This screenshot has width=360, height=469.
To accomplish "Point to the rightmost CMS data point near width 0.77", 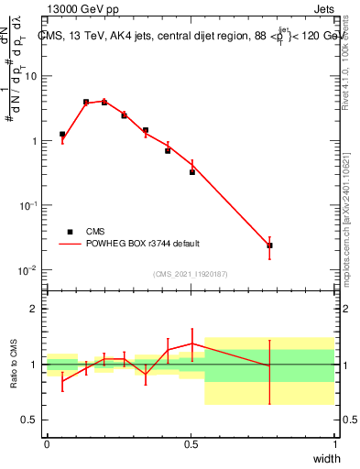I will point(269,245).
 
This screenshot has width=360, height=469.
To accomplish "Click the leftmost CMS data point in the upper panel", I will point(62,134).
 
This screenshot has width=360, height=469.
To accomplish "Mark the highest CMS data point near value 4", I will point(86,102).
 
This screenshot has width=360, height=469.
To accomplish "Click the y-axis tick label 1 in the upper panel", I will point(34,141).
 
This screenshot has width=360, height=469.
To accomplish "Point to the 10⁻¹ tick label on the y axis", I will point(29,206).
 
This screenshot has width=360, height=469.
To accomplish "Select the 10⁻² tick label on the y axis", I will point(29,270).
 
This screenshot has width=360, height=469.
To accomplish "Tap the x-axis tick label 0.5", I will point(191,443).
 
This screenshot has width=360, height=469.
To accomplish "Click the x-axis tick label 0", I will point(47,443).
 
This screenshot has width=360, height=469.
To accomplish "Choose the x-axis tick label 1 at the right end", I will point(334,443).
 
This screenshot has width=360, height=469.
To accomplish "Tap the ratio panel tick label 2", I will point(34,309).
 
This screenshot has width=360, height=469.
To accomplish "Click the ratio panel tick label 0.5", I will point(30,420).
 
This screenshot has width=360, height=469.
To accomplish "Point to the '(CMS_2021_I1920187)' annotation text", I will point(190,274).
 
